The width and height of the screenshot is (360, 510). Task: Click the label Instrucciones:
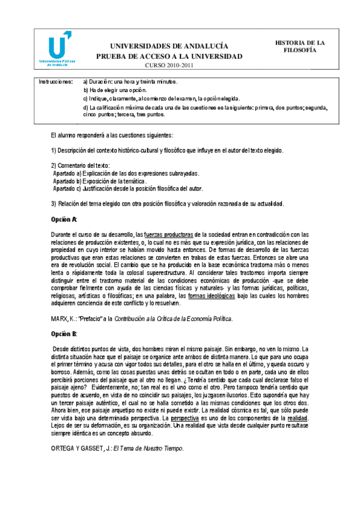[55, 81]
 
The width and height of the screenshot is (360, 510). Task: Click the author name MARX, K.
[63, 318]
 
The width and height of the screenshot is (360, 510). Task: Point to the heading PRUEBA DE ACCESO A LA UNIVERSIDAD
[169, 56]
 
